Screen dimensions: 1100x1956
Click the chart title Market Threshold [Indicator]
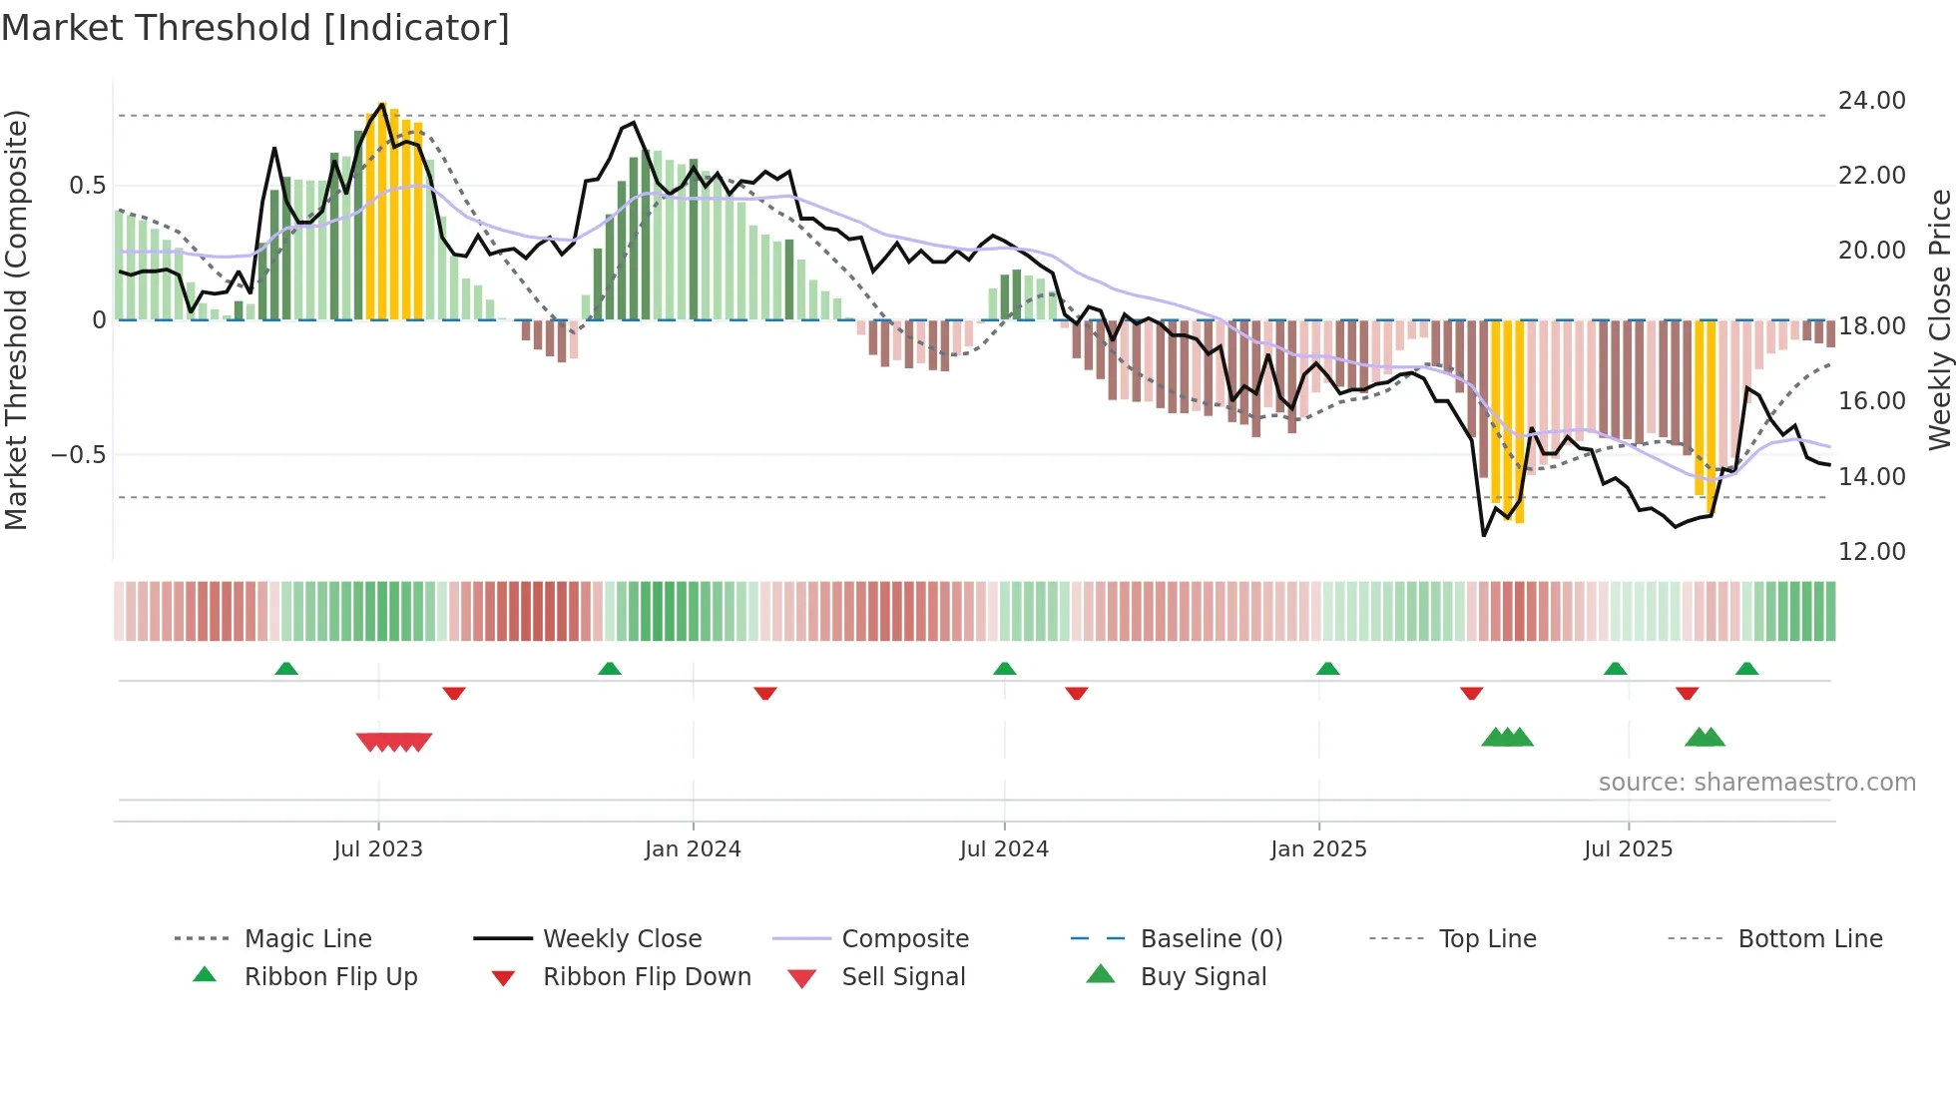point(255,28)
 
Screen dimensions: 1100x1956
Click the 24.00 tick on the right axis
point(1871,101)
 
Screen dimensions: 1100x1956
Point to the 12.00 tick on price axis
point(1871,552)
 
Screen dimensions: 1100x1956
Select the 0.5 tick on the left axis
point(87,186)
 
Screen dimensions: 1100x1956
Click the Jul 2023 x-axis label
point(378,849)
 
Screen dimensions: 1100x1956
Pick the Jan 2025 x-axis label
point(1318,849)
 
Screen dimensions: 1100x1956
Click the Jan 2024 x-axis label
point(693,849)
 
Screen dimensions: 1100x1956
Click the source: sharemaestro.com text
point(1756,783)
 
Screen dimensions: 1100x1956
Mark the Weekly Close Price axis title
point(1939,319)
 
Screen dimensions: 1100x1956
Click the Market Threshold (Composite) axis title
point(16,319)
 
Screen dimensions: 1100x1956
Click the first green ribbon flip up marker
point(286,668)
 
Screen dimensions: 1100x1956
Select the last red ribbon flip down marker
point(1688,694)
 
